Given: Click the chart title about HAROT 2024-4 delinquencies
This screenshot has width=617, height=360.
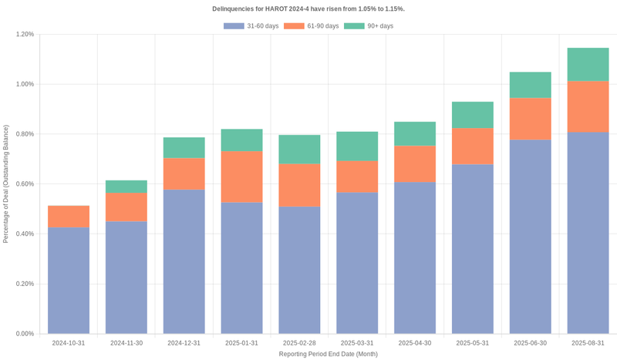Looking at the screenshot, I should pos(308,8).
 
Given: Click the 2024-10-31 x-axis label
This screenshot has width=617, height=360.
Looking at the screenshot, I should pos(69,343).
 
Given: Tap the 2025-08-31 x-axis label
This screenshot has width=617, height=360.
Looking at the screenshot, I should pos(588,343).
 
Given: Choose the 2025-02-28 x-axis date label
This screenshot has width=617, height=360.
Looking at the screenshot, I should pos(299,343).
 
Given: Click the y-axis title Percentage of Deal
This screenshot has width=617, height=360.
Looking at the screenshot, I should pos(6,183).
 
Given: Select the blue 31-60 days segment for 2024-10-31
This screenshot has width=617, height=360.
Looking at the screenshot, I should pos(69,281).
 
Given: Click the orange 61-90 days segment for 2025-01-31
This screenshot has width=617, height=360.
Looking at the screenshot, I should pos(241,177).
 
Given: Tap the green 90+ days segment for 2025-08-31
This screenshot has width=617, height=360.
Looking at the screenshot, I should pos(588,65).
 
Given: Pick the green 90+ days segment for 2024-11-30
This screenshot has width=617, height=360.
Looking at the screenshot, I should pos(126,187).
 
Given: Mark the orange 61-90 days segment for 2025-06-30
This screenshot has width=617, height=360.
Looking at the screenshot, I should pos(531,119).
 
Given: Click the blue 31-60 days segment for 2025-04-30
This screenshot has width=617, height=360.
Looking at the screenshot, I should pos(415,257).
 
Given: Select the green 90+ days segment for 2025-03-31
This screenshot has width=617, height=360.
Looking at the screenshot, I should pos(357,146).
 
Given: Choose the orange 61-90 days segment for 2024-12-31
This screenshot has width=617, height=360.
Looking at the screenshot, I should pos(184,173).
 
